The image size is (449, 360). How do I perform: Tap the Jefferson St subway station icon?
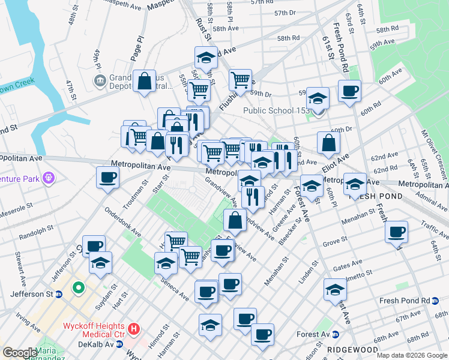59,294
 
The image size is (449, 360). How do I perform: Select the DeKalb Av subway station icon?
119,344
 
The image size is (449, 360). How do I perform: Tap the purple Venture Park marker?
49,178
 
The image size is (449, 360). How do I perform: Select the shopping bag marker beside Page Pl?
145,81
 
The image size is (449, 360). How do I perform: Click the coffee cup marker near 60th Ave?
349,91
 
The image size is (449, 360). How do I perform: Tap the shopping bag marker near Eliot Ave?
328,142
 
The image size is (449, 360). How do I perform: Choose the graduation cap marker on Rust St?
206,58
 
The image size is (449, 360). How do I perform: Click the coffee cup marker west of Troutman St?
107,177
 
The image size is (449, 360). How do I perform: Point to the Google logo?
19,353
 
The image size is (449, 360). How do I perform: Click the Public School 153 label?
277,110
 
